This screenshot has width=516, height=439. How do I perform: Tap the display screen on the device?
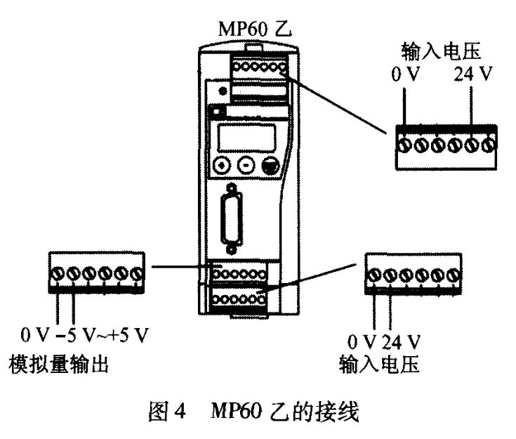pos(245,136)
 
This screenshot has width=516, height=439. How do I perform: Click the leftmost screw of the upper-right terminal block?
pos(404,145)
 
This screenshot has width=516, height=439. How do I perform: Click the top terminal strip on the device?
pos(257,67)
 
